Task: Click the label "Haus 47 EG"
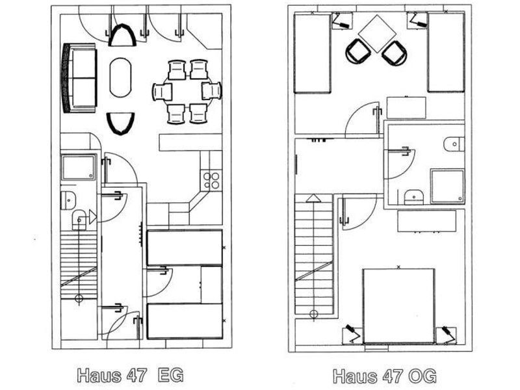[x=131, y=375]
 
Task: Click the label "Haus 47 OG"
[x=385, y=376]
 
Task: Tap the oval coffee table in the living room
[x=120, y=77]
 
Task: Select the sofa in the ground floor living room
[x=79, y=78]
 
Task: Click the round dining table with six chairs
[x=187, y=91]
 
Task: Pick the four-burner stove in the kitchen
[x=211, y=181]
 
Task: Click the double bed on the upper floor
[x=398, y=305]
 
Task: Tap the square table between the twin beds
[x=377, y=33]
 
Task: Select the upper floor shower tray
[x=447, y=186]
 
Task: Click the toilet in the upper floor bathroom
[x=454, y=144]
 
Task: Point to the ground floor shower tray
[x=78, y=167]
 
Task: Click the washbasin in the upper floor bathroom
[x=414, y=197]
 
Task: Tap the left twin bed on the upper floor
[x=312, y=53]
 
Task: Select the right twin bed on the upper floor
[x=446, y=52]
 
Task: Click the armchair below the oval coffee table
[x=121, y=123]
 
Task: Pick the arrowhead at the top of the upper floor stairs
[x=313, y=198]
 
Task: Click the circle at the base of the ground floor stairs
[x=79, y=299]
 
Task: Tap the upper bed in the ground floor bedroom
[x=185, y=248]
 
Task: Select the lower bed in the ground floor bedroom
[x=185, y=321]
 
